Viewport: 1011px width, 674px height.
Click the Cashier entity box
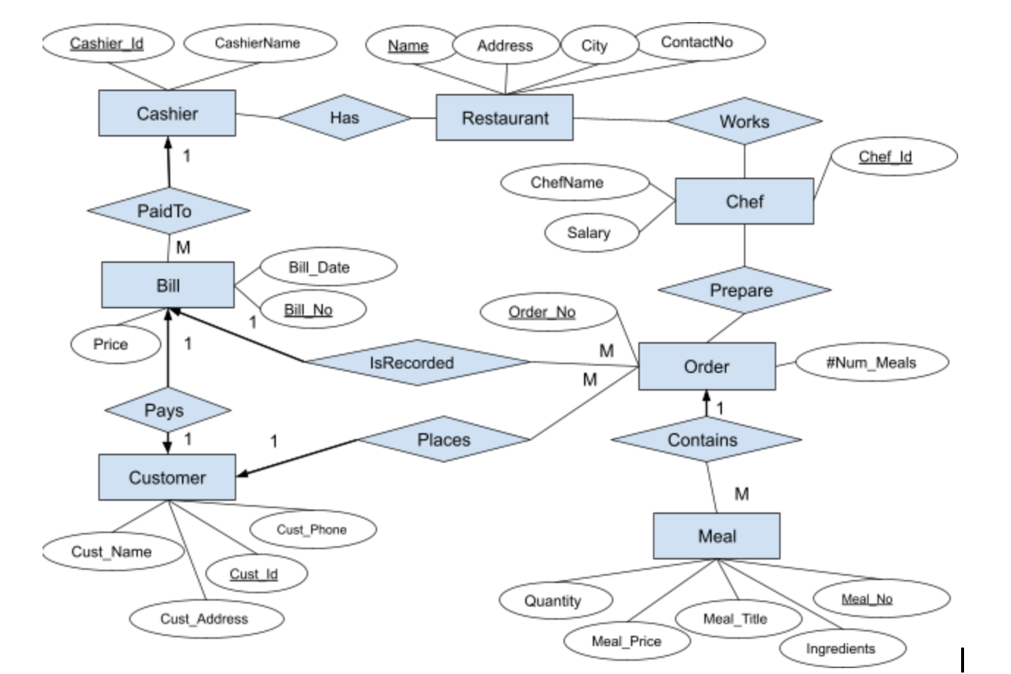point(167,114)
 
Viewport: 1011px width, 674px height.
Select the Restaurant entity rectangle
point(505,118)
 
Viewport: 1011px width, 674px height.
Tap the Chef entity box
point(744,201)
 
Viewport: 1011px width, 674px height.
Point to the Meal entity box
point(717,536)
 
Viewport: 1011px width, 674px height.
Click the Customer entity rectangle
point(167,477)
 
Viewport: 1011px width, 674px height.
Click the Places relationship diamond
point(443,440)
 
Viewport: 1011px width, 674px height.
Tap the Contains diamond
point(704,440)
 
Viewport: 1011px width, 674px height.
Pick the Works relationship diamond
point(744,122)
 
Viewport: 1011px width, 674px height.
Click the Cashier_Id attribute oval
point(107,43)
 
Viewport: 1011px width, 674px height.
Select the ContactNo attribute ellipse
point(697,42)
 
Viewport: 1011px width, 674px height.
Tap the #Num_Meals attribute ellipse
point(871,363)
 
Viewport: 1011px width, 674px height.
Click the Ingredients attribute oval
point(841,648)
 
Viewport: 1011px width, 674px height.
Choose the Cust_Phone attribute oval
point(312,529)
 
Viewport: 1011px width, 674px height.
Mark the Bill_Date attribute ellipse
point(320,267)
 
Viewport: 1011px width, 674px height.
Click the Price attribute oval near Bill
point(112,344)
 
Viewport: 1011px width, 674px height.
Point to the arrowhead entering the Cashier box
point(168,143)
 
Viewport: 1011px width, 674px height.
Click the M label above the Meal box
point(742,494)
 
